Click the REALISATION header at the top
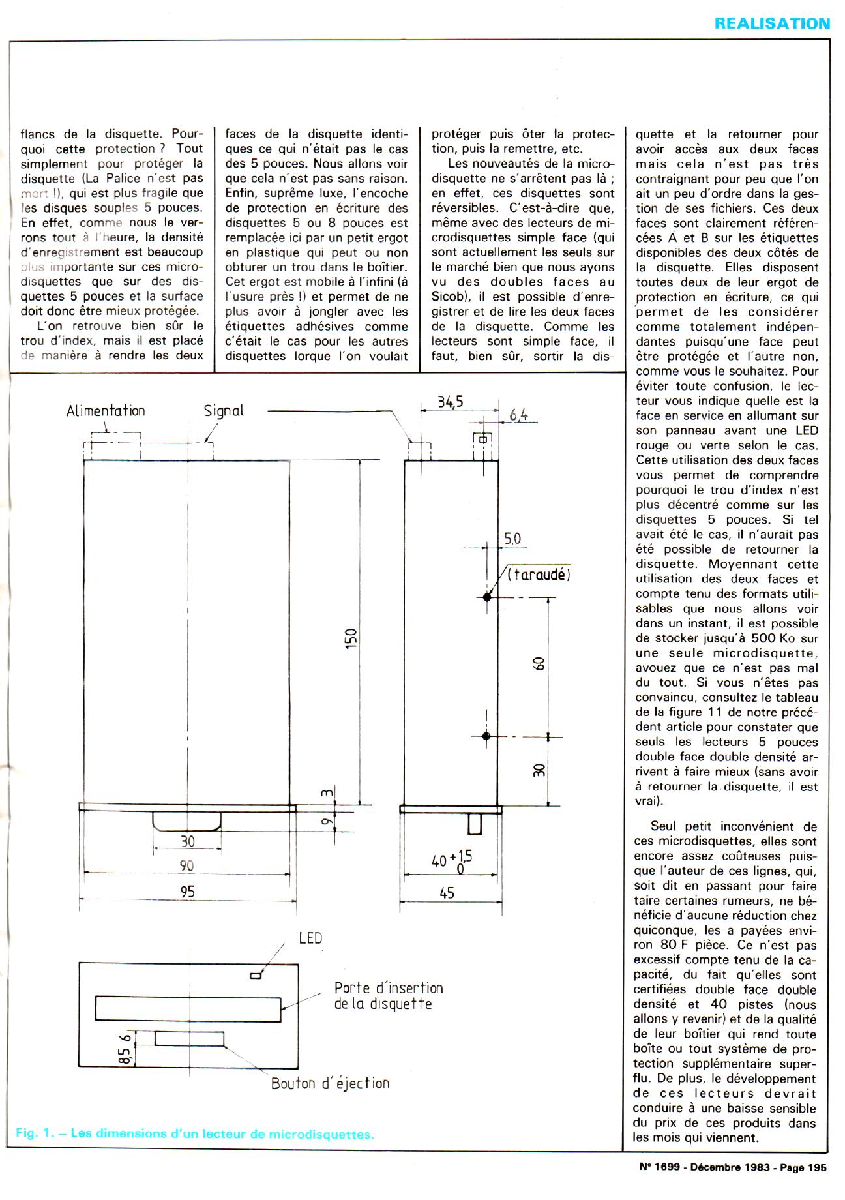click(772, 23)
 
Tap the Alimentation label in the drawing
click(106, 411)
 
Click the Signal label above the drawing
click(224, 411)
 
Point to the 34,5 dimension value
click(450, 402)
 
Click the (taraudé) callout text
click(539, 575)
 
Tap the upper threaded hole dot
click(486, 596)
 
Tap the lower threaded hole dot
click(486, 736)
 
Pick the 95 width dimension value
click(187, 892)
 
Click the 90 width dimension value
click(187, 865)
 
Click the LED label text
click(310, 938)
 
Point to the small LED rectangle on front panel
click(256, 976)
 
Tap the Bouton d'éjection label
click(330, 1083)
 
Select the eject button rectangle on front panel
click(189, 1038)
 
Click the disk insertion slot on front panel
click(189, 1008)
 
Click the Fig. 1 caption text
click(194, 1133)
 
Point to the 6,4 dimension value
click(518, 414)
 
